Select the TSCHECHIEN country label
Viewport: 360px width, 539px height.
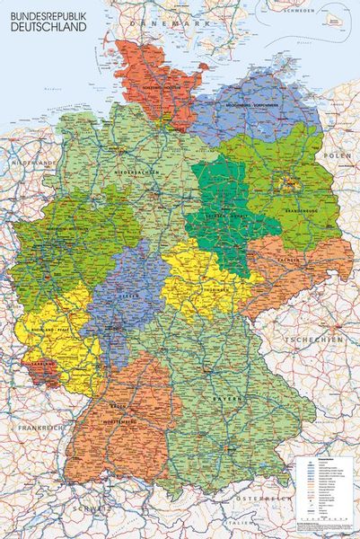(313, 341)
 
